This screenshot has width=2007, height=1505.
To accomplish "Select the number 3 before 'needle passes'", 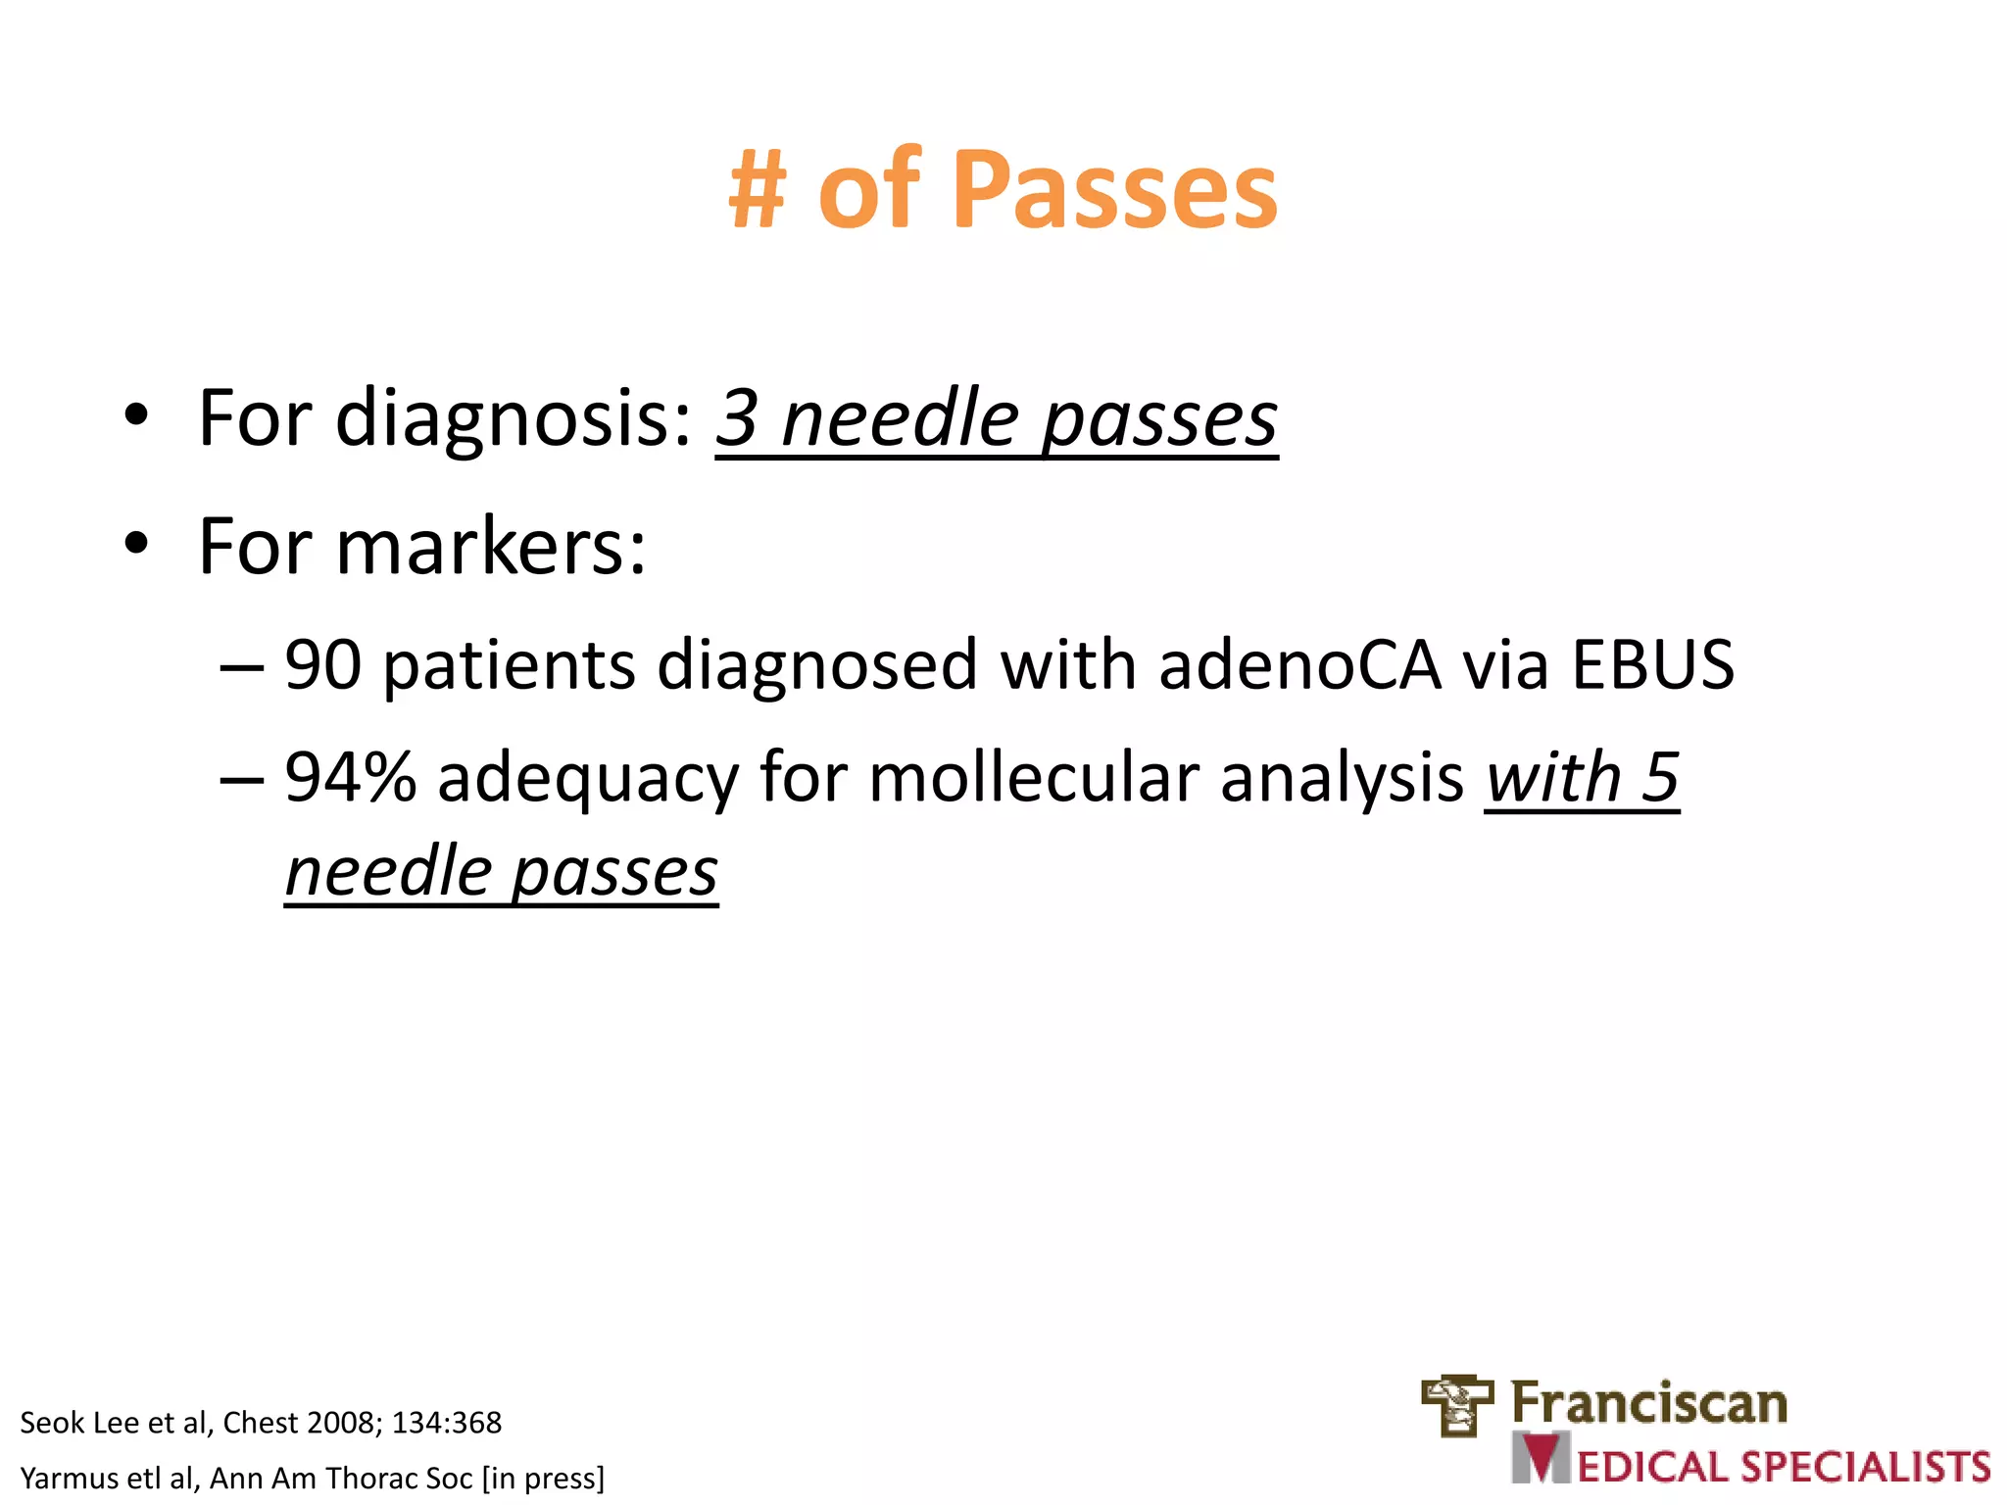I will pos(737,419).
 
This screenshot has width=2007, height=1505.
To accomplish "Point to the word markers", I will pos(490,547).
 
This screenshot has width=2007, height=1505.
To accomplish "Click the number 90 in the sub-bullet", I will pos(322,665).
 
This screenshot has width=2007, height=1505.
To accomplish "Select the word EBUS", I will pos(1653,665).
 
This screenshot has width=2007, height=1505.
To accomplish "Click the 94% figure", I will pos(350,777).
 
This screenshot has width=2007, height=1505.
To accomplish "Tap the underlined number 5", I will pos(1660,777).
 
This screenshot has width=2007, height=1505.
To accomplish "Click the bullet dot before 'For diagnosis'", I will pos(136,415).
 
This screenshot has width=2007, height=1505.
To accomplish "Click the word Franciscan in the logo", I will pos(1648,1403).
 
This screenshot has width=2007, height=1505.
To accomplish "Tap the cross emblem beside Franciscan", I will pos(1457,1406).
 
